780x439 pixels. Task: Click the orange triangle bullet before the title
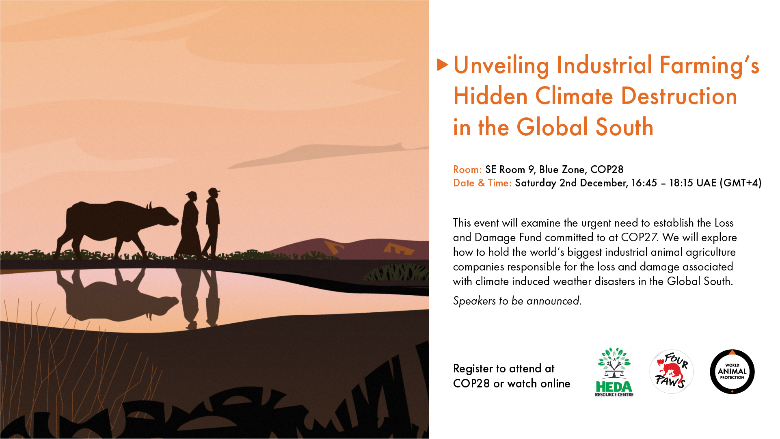[x=442, y=65]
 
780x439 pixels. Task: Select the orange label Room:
[x=467, y=169]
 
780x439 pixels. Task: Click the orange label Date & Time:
[x=482, y=183]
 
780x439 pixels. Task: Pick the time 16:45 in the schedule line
[x=644, y=183]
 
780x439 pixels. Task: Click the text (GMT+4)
[x=740, y=183]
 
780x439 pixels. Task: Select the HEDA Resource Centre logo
[x=614, y=372]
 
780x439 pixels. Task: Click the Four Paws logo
[x=672, y=372]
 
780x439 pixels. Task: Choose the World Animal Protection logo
[x=732, y=372]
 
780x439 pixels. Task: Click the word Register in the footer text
[x=473, y=369]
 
